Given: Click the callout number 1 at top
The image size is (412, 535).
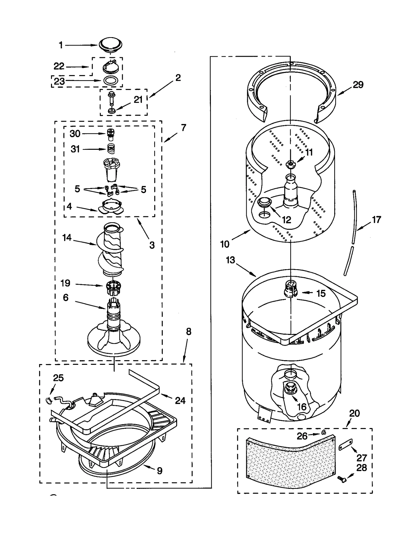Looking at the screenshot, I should click(x=61, y=45).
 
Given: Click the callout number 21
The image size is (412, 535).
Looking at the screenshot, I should click(x=138, y=100).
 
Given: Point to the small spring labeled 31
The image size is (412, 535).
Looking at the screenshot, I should click(x=111, y=149).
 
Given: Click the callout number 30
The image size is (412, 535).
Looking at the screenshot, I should click(x=75, y=134).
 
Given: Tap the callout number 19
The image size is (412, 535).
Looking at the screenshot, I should click(x=65, y=283).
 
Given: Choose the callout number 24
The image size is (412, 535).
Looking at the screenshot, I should click(x=180, y=400).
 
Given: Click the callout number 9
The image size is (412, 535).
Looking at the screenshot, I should click(x=160, y=471).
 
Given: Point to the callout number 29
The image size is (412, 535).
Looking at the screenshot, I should click(x=358, y=85).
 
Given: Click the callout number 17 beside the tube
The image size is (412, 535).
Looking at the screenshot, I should click(x=376, y=220).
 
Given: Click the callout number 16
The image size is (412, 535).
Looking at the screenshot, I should click(x=302, y=407).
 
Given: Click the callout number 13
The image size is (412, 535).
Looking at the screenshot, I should click(x=230, y=260).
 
